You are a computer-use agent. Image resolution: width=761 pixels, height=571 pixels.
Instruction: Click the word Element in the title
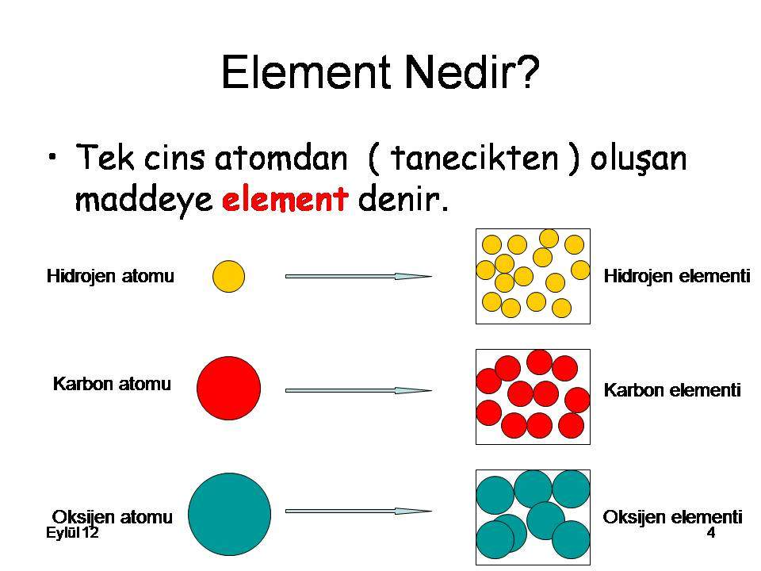pos(306,72)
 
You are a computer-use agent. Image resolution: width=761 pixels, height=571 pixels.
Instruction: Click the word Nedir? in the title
pos(472,72)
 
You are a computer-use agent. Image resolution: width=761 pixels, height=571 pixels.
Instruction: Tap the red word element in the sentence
pos(285,198)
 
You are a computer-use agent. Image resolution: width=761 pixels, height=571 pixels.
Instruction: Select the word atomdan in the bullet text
pos(281,158)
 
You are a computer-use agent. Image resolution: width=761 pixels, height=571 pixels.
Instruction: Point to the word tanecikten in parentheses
pos(475,158)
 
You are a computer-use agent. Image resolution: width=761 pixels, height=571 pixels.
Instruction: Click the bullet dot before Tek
pos(53,157)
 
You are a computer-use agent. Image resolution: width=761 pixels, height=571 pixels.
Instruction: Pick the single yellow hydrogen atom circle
pos(228,276)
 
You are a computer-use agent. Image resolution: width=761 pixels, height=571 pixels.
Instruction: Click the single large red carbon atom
pos(228,388)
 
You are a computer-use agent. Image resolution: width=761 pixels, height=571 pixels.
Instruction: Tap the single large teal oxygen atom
pos(230,514)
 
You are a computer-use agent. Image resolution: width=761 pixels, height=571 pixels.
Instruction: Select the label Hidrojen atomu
pos(110,276)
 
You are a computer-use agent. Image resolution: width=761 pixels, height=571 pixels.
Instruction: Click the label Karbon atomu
pos(112,384)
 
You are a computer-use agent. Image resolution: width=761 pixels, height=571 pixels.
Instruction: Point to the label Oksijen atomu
pos(112,516)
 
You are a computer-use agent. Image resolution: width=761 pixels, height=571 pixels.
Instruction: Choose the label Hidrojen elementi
pos(677,276)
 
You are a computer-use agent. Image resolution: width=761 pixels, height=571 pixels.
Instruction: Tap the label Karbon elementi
pos(672,389)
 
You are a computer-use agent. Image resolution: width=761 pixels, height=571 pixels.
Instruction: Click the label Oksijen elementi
pos(673,516)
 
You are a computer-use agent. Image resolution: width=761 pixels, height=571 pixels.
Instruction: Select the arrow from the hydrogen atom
pos(358,276)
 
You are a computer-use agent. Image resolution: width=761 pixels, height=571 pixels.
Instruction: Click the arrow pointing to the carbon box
pos(358,390)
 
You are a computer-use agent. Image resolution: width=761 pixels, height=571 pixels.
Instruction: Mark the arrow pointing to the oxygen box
pos(358,511)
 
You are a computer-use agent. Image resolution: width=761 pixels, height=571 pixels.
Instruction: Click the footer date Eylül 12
pos(72,533)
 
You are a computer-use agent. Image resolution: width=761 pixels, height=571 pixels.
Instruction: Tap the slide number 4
pos(711,533)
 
